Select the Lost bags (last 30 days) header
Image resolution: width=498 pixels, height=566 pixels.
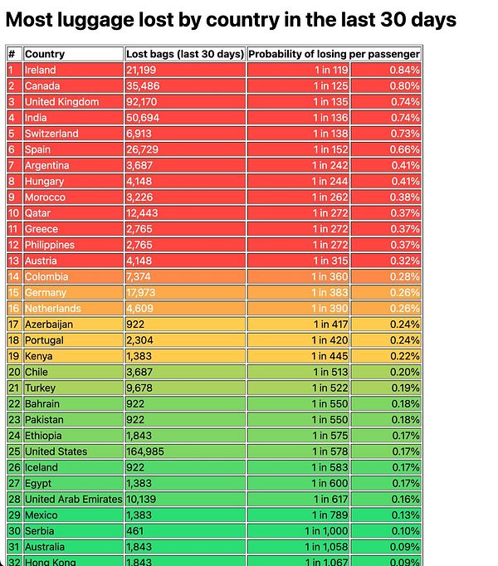click(185, 54)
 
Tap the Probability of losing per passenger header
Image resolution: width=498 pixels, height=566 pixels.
click(334, 54)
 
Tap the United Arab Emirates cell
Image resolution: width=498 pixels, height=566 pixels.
click(73, 499)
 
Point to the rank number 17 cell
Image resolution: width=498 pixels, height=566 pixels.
click(13, 324)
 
